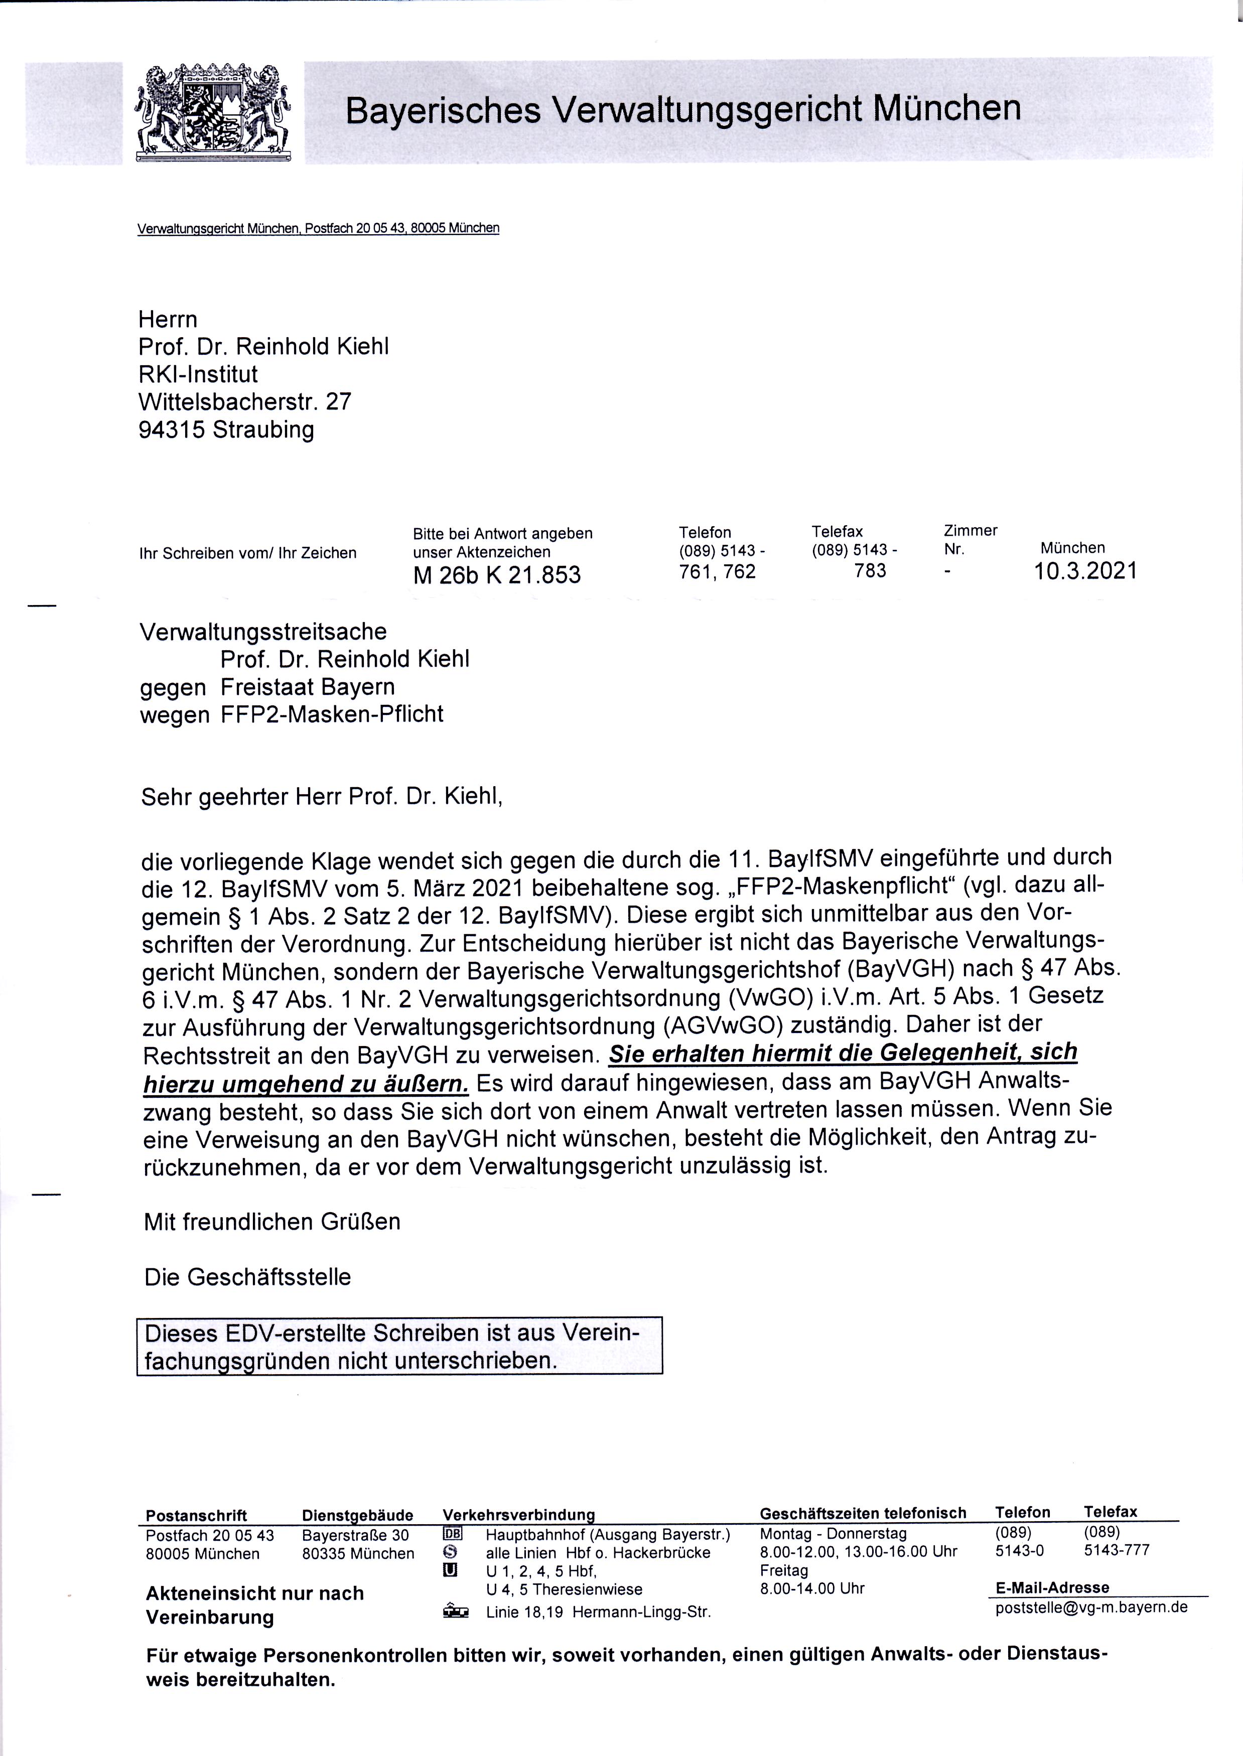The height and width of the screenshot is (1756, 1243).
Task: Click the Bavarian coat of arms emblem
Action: pyautogui.click(x=214, y=112)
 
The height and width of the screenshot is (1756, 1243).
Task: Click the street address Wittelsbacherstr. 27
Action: pyautogui.click(x=245, y=402)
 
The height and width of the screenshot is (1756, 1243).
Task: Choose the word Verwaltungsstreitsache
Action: pyautogui.click(x=263, y=632)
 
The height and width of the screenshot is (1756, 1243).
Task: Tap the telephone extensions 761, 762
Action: pyautogui.click(x=717, y=571)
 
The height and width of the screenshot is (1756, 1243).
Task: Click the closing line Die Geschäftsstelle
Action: pyautogui.click(x=247, y=1277)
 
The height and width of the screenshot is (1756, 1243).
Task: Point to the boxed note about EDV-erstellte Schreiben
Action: pyautogui.click(x=399, y=1347)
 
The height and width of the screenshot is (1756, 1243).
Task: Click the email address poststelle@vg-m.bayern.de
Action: pyautogui.click(x=1090, y=1607)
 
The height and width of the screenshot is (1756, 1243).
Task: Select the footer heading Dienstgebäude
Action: pyautogui.click(x=357, y=1515)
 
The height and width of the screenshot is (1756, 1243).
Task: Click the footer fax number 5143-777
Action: pyautogui.click(x=1116, y=1551)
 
